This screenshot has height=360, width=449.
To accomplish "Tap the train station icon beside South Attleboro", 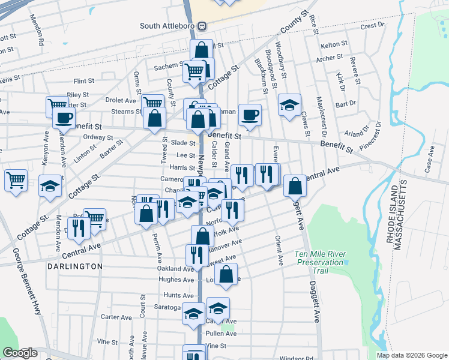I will tap(202, 26).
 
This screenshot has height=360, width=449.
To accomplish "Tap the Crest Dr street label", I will tap(372, 26).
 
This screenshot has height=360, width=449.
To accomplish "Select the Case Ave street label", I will tap(429, 162).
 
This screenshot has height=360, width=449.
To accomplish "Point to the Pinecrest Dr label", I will tap(370, 137).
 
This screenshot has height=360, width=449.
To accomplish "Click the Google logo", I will tap(19, 353).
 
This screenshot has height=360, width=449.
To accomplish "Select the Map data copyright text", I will tap(411, 355).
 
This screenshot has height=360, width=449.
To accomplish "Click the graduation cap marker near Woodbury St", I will tap(289, 106).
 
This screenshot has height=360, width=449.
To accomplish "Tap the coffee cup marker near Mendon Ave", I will tap(64, 117).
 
